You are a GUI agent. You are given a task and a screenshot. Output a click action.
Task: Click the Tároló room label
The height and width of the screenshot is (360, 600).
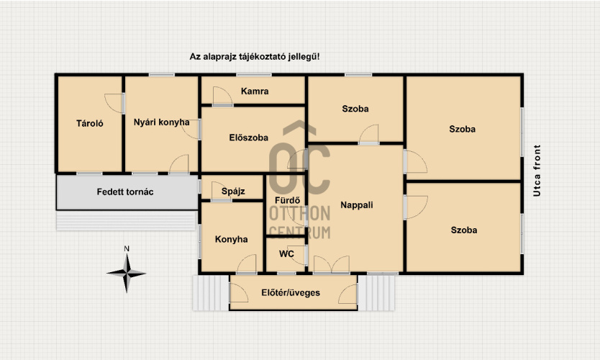90,123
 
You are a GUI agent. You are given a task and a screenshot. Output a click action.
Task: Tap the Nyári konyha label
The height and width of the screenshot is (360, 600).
161,122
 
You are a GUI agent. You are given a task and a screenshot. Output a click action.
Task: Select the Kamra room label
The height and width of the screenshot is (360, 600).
255,91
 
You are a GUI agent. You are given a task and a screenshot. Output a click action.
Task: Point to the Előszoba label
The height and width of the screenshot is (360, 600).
249,138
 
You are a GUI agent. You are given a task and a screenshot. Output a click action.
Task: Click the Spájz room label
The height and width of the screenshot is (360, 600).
233,191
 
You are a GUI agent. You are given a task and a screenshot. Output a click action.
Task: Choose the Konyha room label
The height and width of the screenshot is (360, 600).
231,239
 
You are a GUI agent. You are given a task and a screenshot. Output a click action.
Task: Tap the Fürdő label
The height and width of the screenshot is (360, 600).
287,200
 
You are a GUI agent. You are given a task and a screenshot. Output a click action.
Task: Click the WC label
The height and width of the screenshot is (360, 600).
286,254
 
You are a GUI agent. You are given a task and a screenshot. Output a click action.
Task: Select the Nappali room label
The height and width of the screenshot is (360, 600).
357,205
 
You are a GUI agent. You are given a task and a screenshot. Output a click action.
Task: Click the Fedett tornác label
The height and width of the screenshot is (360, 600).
125,192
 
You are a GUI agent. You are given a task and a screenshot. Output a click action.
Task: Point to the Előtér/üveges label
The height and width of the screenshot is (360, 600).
291,292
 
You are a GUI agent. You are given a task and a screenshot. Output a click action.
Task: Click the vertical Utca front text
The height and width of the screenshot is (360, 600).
537,171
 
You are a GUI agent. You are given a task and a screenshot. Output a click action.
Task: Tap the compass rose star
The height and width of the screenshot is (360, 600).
127,273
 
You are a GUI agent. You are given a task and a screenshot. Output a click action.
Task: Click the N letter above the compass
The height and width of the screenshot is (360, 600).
127,248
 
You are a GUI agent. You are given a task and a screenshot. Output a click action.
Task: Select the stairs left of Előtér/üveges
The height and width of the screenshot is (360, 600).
212,292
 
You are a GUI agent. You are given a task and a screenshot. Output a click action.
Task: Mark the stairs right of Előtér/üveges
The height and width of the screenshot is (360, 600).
376,292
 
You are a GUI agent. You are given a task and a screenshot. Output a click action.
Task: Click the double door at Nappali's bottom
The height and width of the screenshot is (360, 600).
332,264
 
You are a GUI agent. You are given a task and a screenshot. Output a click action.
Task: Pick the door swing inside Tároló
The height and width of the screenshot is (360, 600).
114,103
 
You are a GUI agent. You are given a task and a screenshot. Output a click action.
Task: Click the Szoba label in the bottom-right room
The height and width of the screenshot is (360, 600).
464,230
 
